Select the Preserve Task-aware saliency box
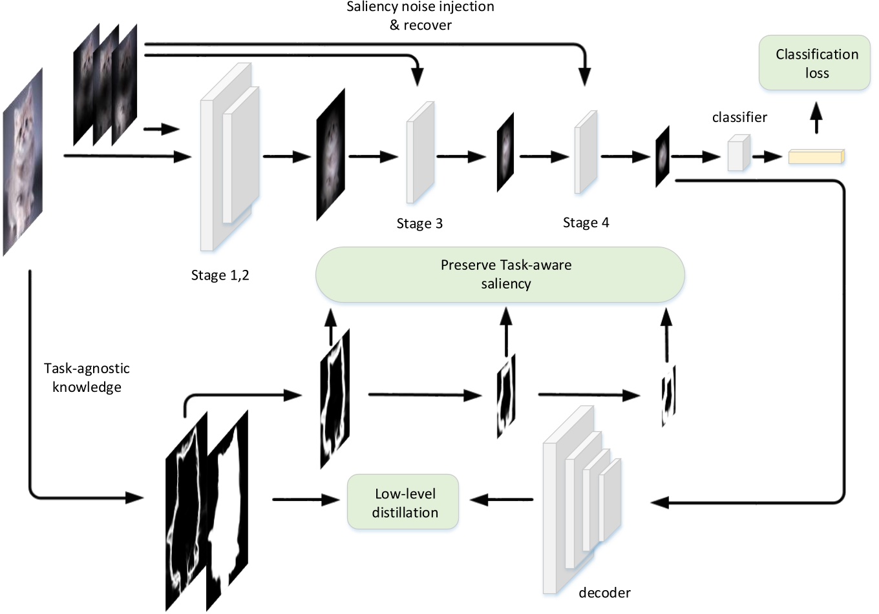pyautogui.click(x=500, y=274)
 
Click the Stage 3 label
pyautogui.click(x=419, y=223)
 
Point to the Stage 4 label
pyautogui.click(x=586, y=223)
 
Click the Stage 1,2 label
pyautogui.click(x=220, y=275)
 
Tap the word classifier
pyautogui.click(x=739, y=117)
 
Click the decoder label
pyautogui.click(x=604, y=592)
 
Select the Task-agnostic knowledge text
pyautogui.click(x=87, y=378)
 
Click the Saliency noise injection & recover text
pyautogui.click(x=420, y=16)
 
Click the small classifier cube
pyautogui.click(x=738, y=154)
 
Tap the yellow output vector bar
pyautogui.click(x=816, y=156)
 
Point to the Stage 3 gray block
pyautogui.click(x=420, y=153)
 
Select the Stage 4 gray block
pyautogui.click(x=586, y=153)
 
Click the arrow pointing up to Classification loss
pyautogui.click(x=816, y=118)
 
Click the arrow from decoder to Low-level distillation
pyautogui.click(x=502, y=500)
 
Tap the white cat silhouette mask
pyautogui.click(x=228, y=510)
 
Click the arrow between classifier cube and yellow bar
pyautogui.click(x=771, y=156)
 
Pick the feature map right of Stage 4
pyautogui.click(x=662, y=156)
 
